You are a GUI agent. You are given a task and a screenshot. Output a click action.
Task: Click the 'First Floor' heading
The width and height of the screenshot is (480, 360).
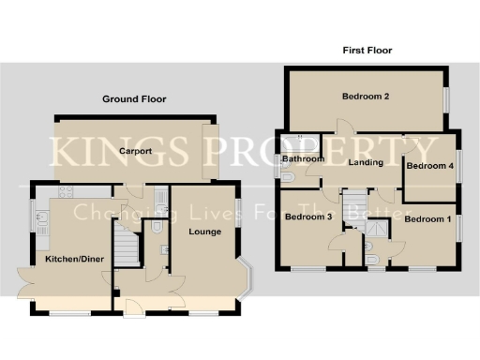pos(367,51)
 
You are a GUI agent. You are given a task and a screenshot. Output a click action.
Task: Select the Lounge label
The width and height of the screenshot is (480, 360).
pos(204,231)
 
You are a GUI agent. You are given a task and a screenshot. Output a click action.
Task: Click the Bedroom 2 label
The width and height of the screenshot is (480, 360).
pos(366,96)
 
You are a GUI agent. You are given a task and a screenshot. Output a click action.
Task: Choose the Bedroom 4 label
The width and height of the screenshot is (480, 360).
pos(429,166)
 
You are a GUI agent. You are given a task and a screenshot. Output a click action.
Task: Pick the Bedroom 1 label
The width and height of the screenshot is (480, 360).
pos(427,219)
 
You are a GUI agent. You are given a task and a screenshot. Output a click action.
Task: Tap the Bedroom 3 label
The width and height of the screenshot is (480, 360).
pos(308,217)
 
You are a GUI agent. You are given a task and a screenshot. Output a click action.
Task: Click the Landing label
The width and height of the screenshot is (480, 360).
pos(365,163)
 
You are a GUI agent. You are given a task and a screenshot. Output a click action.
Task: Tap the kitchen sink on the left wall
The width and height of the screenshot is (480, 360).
pos(41,221)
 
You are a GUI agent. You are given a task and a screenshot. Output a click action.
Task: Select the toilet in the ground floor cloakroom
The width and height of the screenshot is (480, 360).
pos(157,226)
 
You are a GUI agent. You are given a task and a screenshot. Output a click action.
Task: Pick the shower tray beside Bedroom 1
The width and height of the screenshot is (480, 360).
pos(377,227)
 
